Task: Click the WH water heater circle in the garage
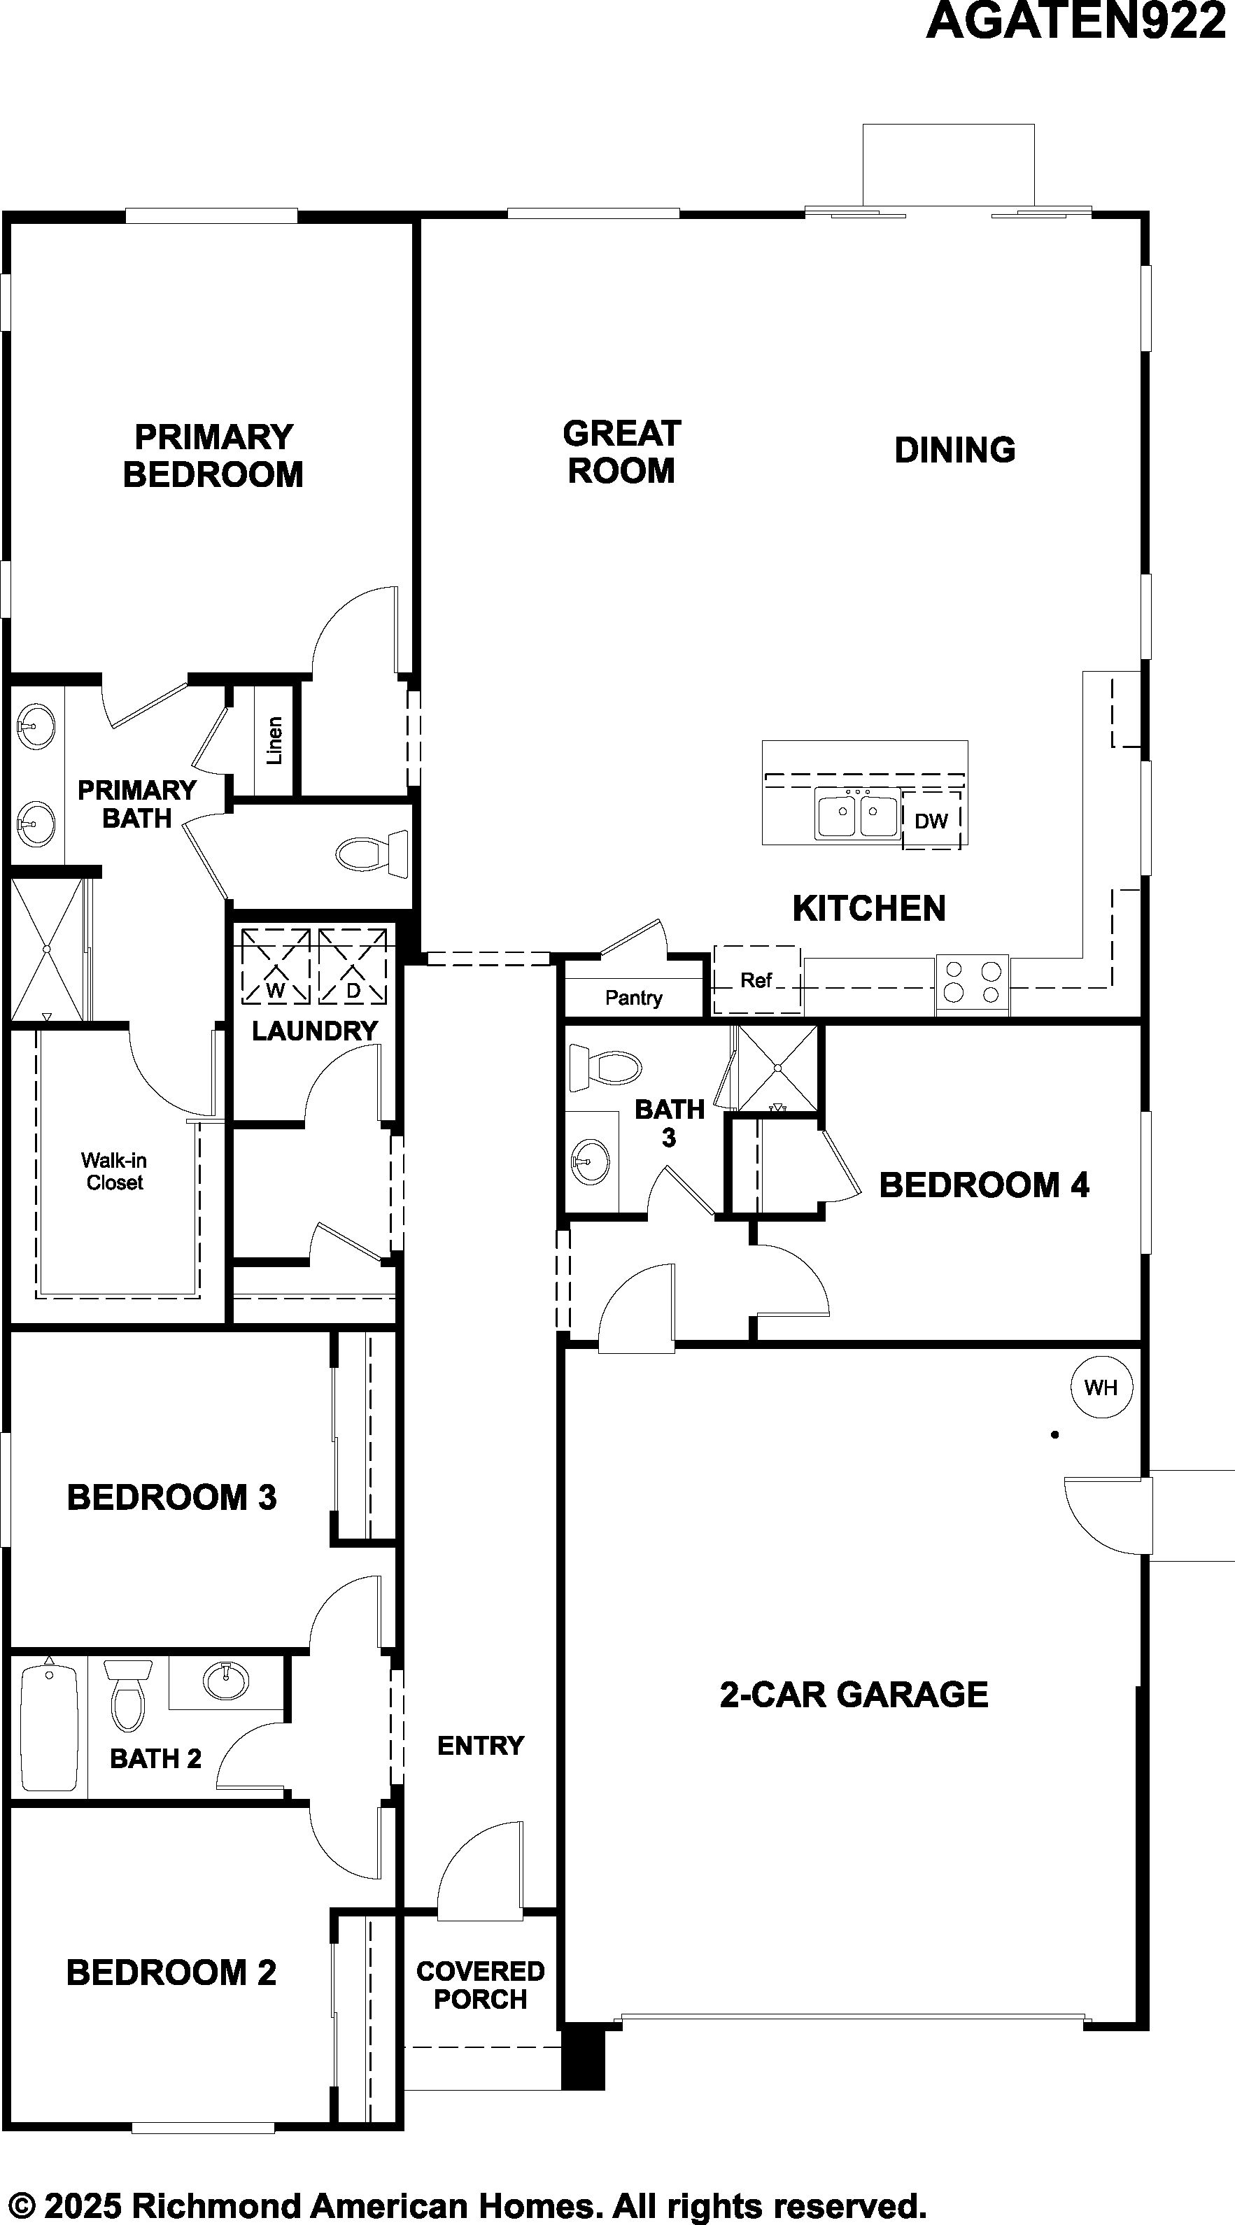1101,1387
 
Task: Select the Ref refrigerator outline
756,980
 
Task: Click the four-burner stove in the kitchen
973,984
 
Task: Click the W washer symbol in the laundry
276,966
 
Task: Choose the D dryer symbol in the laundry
353,966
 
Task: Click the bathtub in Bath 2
49,1728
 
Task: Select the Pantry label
634,998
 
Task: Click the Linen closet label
274,740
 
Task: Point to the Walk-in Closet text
114,1171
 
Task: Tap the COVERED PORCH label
480,1985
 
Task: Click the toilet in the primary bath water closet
372,854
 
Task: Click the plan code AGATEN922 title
1076,22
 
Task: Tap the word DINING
955,450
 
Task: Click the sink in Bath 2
226,1681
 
